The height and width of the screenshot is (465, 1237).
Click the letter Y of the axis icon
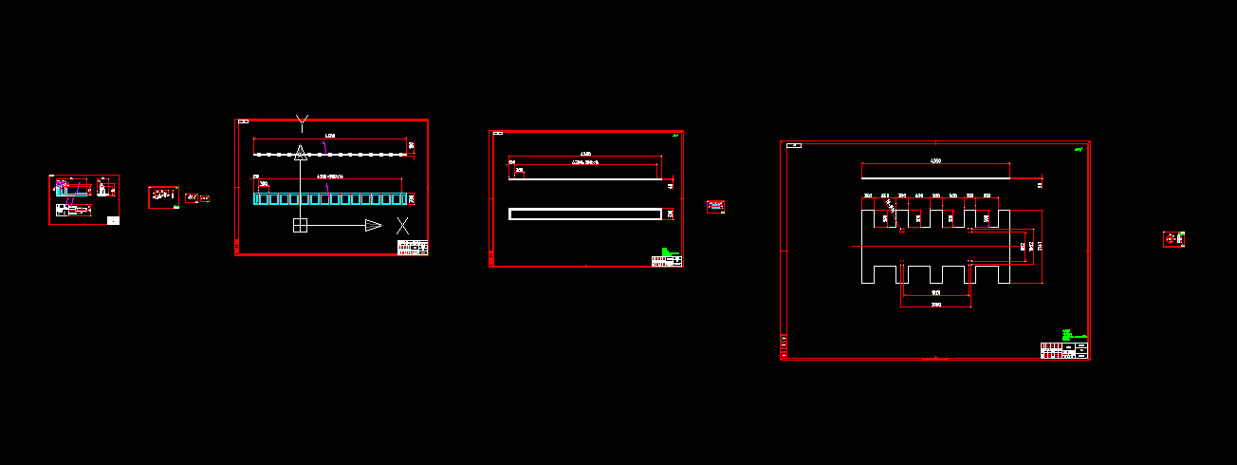pos(302,121)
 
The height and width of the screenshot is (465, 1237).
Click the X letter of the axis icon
pos(403,226)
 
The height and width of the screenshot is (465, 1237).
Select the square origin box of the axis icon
pos(300,225)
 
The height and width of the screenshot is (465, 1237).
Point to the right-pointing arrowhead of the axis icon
pos(374,225)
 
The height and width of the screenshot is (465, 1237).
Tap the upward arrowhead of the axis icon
pos(301,152)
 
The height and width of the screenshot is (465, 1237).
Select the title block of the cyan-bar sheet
pos(413,248)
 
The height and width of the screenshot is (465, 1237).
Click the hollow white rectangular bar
pos(584,214)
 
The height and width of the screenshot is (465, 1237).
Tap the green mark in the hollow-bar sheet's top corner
pos(674,136)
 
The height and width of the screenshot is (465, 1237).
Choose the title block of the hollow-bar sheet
pos(666,259)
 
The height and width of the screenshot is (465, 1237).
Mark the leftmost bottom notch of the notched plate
pos(886,274)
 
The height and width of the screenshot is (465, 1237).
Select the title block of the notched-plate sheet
pos(1063,350)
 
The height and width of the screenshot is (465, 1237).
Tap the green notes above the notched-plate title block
pos(1067,334)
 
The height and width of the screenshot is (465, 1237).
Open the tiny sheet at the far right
pos(1174,239)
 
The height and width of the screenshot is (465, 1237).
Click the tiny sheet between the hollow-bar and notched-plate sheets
pos(715,207)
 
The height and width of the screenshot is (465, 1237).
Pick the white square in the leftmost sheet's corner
pos(114,220)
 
